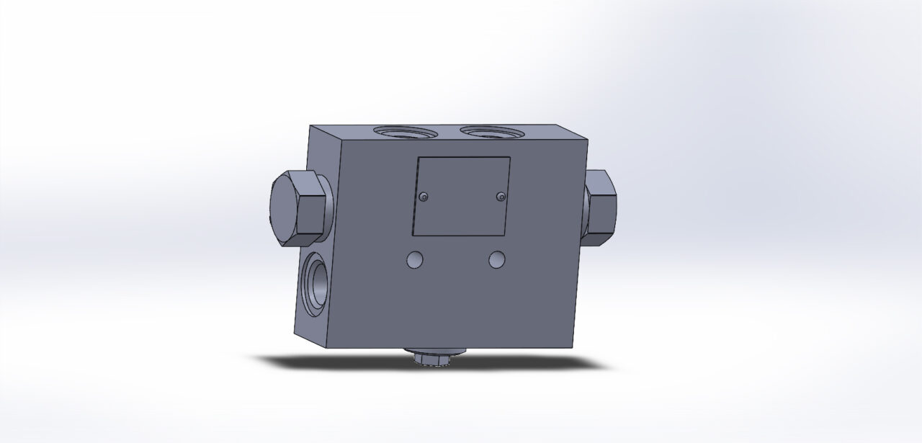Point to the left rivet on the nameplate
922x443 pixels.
pos(424,197)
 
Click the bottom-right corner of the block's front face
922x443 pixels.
pos(573,347)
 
